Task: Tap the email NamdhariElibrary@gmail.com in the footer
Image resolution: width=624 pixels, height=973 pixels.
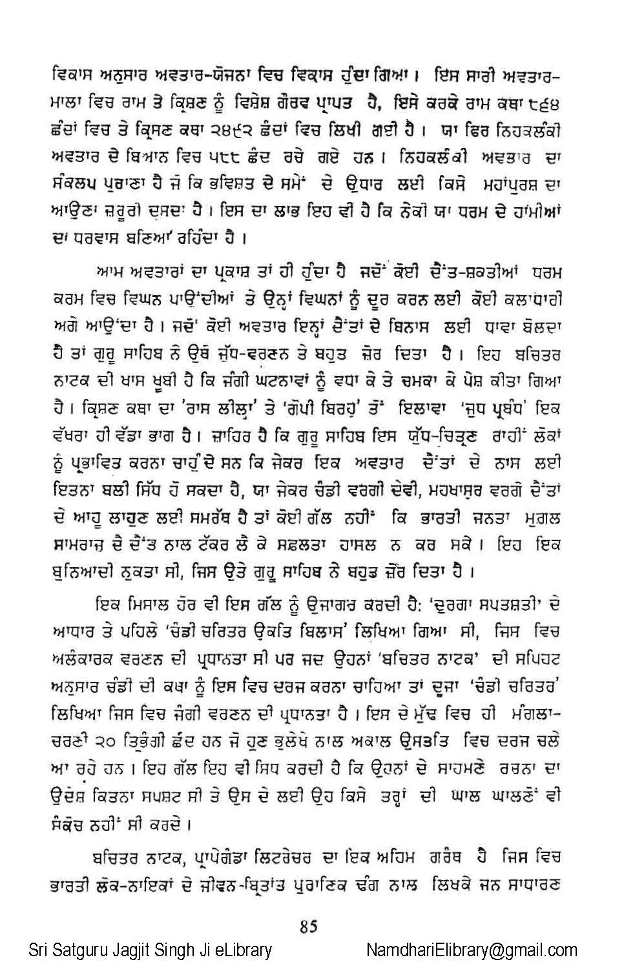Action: point(472,950)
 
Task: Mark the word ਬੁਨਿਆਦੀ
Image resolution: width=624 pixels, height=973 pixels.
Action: point(80,573)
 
